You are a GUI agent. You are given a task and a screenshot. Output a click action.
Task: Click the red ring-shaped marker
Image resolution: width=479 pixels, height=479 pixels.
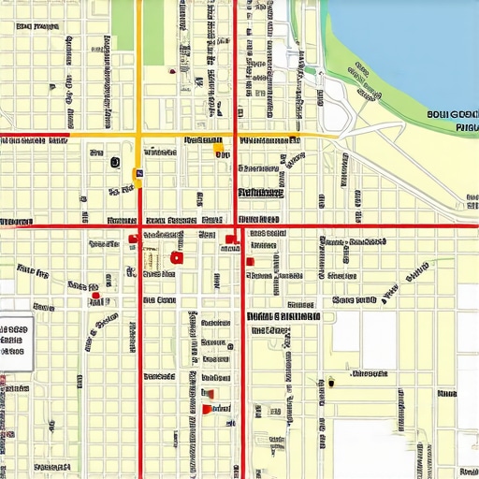point(177,257)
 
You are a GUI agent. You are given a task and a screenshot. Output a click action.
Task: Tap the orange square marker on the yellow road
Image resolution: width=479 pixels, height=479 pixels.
point(218,147)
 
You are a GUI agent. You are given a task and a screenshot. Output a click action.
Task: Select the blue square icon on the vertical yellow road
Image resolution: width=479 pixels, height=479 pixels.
point(138,172)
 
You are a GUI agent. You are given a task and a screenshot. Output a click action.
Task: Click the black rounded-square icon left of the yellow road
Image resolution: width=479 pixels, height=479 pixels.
point(115,162)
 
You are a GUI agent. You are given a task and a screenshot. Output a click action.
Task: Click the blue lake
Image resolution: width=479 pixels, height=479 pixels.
point(412,37)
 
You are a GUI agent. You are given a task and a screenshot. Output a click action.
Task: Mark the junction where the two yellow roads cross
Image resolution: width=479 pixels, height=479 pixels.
point(138,137)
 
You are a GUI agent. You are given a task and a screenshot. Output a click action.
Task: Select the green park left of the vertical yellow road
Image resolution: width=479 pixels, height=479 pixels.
point(123,25)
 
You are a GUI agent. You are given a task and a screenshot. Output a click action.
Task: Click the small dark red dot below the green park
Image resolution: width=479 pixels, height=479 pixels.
point(171,71)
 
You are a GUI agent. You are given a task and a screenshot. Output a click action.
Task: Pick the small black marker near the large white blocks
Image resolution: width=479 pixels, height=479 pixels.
point(330,381)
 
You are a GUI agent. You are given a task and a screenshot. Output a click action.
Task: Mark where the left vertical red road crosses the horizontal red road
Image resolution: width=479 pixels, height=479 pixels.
point(139,225)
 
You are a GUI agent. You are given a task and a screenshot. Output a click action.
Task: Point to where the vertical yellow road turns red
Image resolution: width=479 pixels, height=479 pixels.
point(139,187)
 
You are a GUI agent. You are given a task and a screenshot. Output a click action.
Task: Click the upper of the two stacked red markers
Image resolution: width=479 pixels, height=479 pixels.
point(207,393)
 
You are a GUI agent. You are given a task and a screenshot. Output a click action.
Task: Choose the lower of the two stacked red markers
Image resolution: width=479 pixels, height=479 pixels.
point(207,409)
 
